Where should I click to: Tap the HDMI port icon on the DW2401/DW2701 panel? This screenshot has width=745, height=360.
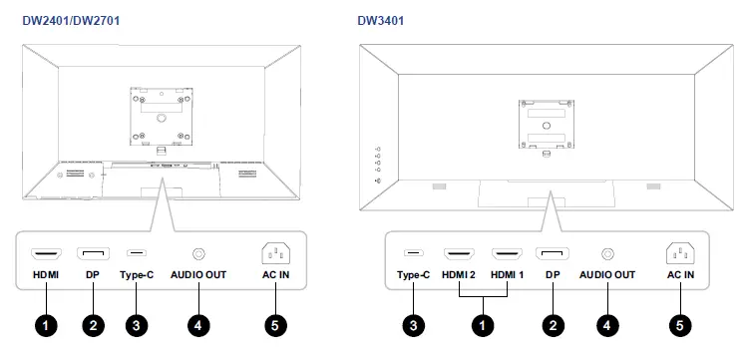tap(47, 254)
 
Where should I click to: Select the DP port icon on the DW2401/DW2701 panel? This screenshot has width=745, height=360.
tap(93, 254)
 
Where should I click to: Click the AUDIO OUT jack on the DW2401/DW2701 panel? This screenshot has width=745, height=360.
tap(198, 254)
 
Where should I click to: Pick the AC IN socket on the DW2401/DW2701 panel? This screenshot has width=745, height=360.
tap(276, 254)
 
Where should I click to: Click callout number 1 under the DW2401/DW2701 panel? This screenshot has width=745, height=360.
tap(47, 324)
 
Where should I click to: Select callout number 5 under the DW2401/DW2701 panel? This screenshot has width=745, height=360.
tap(276, 324)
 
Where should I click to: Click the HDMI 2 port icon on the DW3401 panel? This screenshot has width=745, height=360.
tap(459, 254)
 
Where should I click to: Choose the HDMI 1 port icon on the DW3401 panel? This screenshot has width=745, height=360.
tap(508, 254)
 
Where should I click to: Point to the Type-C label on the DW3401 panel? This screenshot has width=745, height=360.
tap(412, 274)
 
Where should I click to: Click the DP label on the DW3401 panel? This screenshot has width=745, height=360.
tap(554, 274)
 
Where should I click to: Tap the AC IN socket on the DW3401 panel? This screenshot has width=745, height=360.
tap(680, 254)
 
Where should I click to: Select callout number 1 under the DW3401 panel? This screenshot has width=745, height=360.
tap(484, 324)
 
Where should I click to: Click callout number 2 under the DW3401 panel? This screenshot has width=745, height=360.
tap(554, 324)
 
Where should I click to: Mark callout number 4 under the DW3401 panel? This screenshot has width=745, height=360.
tap(607, 324)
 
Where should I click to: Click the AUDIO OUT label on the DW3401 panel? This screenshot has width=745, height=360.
tap(607, 274)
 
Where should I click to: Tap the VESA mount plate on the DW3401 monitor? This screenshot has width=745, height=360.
tap(545, 125)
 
